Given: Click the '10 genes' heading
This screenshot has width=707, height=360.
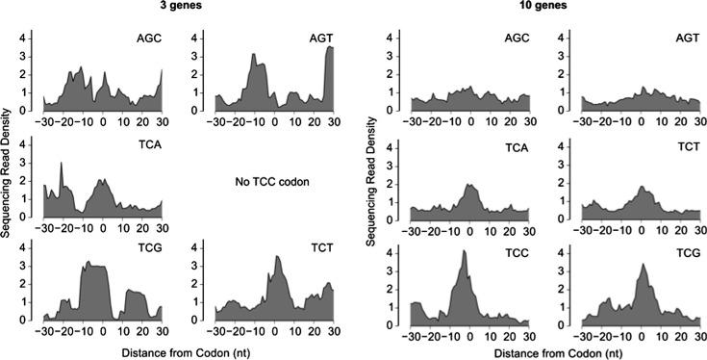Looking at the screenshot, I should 532,8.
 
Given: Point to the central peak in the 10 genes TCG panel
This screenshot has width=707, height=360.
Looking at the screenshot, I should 644,264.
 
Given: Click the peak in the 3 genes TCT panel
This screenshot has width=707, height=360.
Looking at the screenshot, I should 278,257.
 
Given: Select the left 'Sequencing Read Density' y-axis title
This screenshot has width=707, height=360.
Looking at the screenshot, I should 9,176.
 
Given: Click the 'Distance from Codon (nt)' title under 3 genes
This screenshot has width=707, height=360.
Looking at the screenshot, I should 189,349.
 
